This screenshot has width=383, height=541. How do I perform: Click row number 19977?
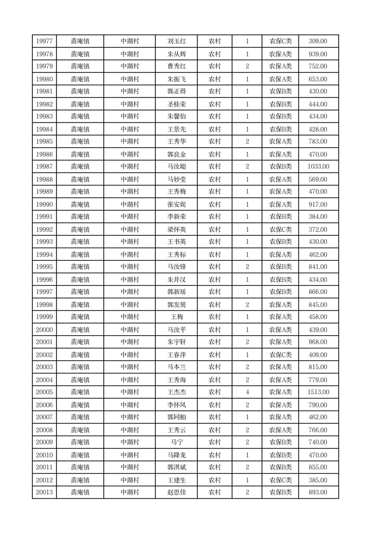point(44,41)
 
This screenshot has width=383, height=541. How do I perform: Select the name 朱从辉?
point(176,54)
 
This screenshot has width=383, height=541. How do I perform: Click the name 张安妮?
point(176,204)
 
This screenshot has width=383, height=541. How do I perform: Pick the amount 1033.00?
point(318,167)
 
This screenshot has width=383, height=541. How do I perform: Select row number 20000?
point(44,330)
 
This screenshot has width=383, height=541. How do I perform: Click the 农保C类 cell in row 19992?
point(280,230)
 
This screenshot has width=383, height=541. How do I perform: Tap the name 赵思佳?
point(176,492)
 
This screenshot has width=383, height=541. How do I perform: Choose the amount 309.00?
point(318,41)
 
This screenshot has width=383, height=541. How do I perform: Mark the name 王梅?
point(176,317)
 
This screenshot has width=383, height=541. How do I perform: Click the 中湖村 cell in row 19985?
point(130,142)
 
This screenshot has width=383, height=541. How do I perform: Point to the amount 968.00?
point(318,342)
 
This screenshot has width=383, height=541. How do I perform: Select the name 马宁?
point(176,442)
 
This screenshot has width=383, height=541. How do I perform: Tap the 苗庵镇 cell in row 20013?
point(80,492)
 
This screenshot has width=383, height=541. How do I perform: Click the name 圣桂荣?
point(176,104)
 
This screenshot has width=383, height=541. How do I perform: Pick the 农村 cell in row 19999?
point(215,317)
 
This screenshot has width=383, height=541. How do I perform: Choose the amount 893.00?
point(318,492)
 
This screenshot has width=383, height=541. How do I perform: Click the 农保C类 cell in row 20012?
point(280,480)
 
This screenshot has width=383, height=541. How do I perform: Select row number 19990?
point(44,204)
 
